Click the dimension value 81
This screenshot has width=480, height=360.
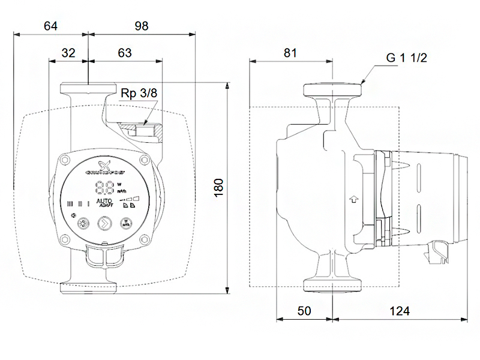[290, 52]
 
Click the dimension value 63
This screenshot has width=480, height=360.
[125, 52]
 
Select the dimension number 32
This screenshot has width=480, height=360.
[68, 52]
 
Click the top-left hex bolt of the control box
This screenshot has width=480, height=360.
[64, 160]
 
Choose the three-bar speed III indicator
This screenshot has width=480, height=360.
[70, 203]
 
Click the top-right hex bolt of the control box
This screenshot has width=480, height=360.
[144, 160]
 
